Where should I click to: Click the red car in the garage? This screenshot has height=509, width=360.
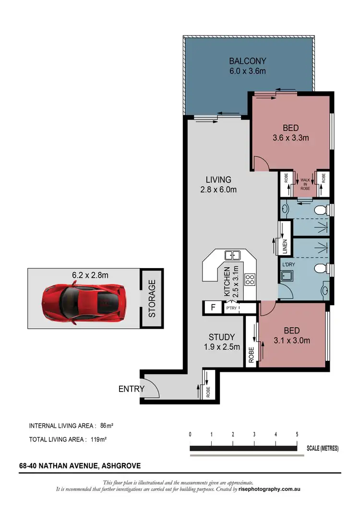(83, 303)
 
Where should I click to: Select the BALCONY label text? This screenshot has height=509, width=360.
(247, 61)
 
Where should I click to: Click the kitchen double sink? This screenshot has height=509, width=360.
(233, 255)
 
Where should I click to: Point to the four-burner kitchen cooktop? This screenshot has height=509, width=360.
(250, 279)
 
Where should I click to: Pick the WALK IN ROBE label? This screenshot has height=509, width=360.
(304, 183)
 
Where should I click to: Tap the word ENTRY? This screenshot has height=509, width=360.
(131, 389)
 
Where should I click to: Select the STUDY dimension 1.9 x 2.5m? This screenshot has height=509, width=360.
(221, 347)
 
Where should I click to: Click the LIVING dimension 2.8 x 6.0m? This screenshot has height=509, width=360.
(218, 189)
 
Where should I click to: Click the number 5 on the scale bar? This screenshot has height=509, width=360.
(297, 434)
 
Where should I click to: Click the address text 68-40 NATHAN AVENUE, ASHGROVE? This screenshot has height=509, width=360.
(80, 465)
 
